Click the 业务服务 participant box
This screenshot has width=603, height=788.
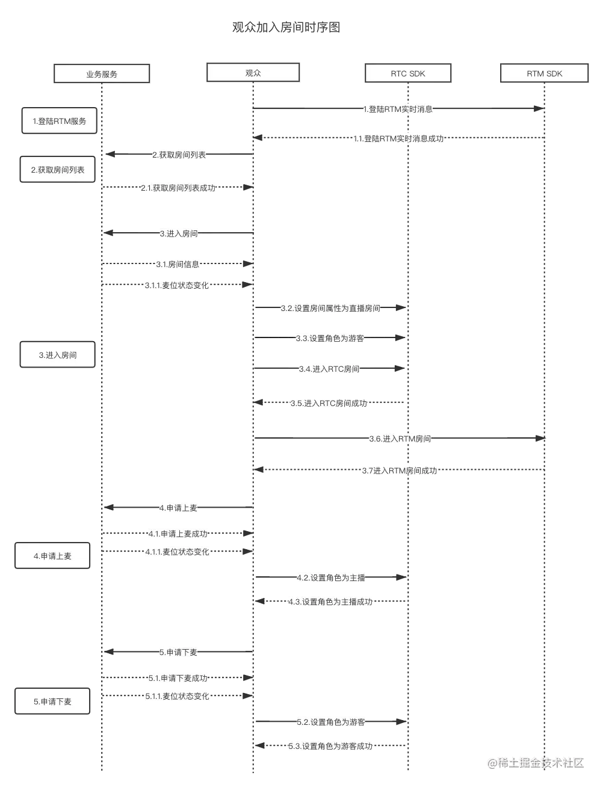[101, 73]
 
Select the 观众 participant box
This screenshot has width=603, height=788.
[253, 73]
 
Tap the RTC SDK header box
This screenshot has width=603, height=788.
[407, 73]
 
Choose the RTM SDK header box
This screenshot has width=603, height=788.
[544, 73]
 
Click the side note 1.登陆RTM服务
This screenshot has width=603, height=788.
[59, 121]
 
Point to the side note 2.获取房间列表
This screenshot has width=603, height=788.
[58, 170]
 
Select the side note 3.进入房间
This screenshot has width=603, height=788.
[58, 355]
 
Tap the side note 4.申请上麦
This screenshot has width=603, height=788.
[52, 556]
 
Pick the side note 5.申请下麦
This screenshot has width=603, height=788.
[52, 701]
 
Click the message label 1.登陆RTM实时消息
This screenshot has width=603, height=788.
[398, 109]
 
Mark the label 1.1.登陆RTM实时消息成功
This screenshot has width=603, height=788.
[399, 138]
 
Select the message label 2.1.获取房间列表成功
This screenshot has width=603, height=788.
[178, 188]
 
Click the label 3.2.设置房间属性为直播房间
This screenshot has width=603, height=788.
[330, 308]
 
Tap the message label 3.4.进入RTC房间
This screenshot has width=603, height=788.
[330, 369]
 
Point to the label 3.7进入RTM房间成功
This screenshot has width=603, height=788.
[399, 470]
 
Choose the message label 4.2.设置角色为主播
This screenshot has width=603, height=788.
[331, 577]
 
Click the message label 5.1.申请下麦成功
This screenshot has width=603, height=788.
[178, 678]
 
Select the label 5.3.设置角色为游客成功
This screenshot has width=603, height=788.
[330, 746]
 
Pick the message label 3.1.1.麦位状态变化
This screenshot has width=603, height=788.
[177, 285]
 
